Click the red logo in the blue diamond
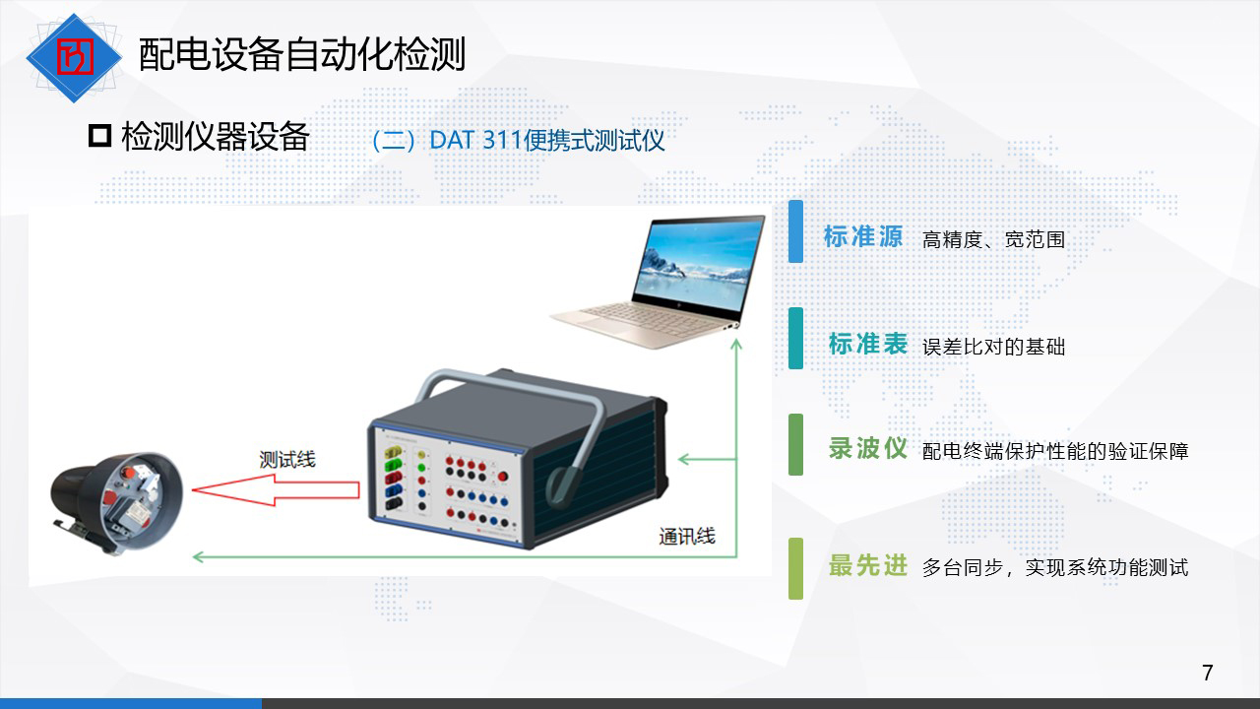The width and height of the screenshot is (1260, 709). (74, 57)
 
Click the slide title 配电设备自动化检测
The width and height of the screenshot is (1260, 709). (302, 54)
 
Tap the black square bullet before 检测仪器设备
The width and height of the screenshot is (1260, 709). (99, 136)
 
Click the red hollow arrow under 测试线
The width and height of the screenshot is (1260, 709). (276, 490)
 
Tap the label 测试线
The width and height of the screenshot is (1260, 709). (287, 460)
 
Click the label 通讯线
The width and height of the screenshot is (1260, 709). (687, 537)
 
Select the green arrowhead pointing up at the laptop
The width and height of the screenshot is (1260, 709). (736, 345)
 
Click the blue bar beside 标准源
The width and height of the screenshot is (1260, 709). (795, 231)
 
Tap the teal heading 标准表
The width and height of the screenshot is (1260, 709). (868, 344)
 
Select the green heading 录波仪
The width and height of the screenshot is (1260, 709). (868, 448)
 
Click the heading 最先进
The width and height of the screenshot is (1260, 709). (868, 565)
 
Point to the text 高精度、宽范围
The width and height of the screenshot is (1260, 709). (994, 239)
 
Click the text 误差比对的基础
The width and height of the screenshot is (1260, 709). (994, 347)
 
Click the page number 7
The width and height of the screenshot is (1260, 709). (1207, 673)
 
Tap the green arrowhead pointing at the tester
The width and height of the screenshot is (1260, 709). (684, 459)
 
